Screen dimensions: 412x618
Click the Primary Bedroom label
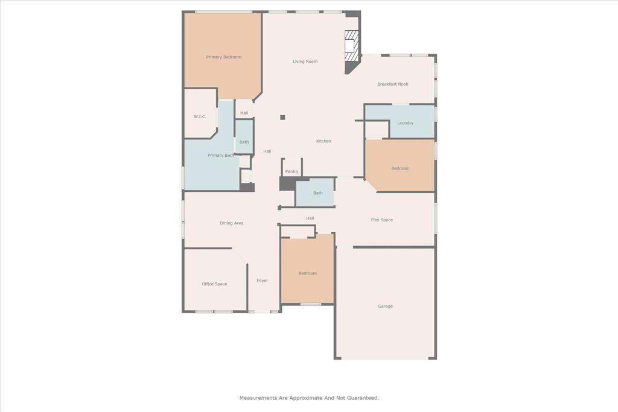click(x=223, y=57)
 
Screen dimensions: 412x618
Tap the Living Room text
click(x=305, y=62)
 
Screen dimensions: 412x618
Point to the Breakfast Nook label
click(x=392, y=84)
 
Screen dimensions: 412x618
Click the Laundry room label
click(x=405, y=123)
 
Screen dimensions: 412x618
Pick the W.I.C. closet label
click(x=200, y=116)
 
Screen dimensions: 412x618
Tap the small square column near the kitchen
click(x=282, y=117)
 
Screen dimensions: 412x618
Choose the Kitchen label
click(x=323, y=141)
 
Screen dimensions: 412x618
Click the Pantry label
click(x=291, y=171)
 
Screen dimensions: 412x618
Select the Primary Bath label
click(x=220, y=156)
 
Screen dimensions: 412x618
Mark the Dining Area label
click(x=231, y=223)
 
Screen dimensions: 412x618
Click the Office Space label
click(x=214, y=284)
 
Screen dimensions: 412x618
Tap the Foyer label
click(x=262, y=280)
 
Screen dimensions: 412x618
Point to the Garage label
click(x=385, y=306)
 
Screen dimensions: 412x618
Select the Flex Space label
click(x=381, y=220)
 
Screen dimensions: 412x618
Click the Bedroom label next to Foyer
click(x=307, y=273)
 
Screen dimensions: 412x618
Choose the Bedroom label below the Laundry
click(x=400, y=168)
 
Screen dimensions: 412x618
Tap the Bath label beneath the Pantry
click(x=317, y=193)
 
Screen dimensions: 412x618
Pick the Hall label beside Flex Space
click(x=310, y=218)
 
